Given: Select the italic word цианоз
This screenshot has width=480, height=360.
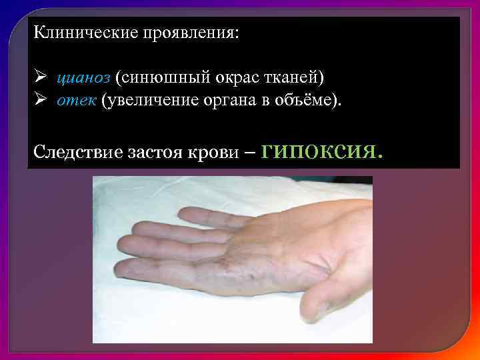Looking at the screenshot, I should pyautogui.click(x=83, y=79).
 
